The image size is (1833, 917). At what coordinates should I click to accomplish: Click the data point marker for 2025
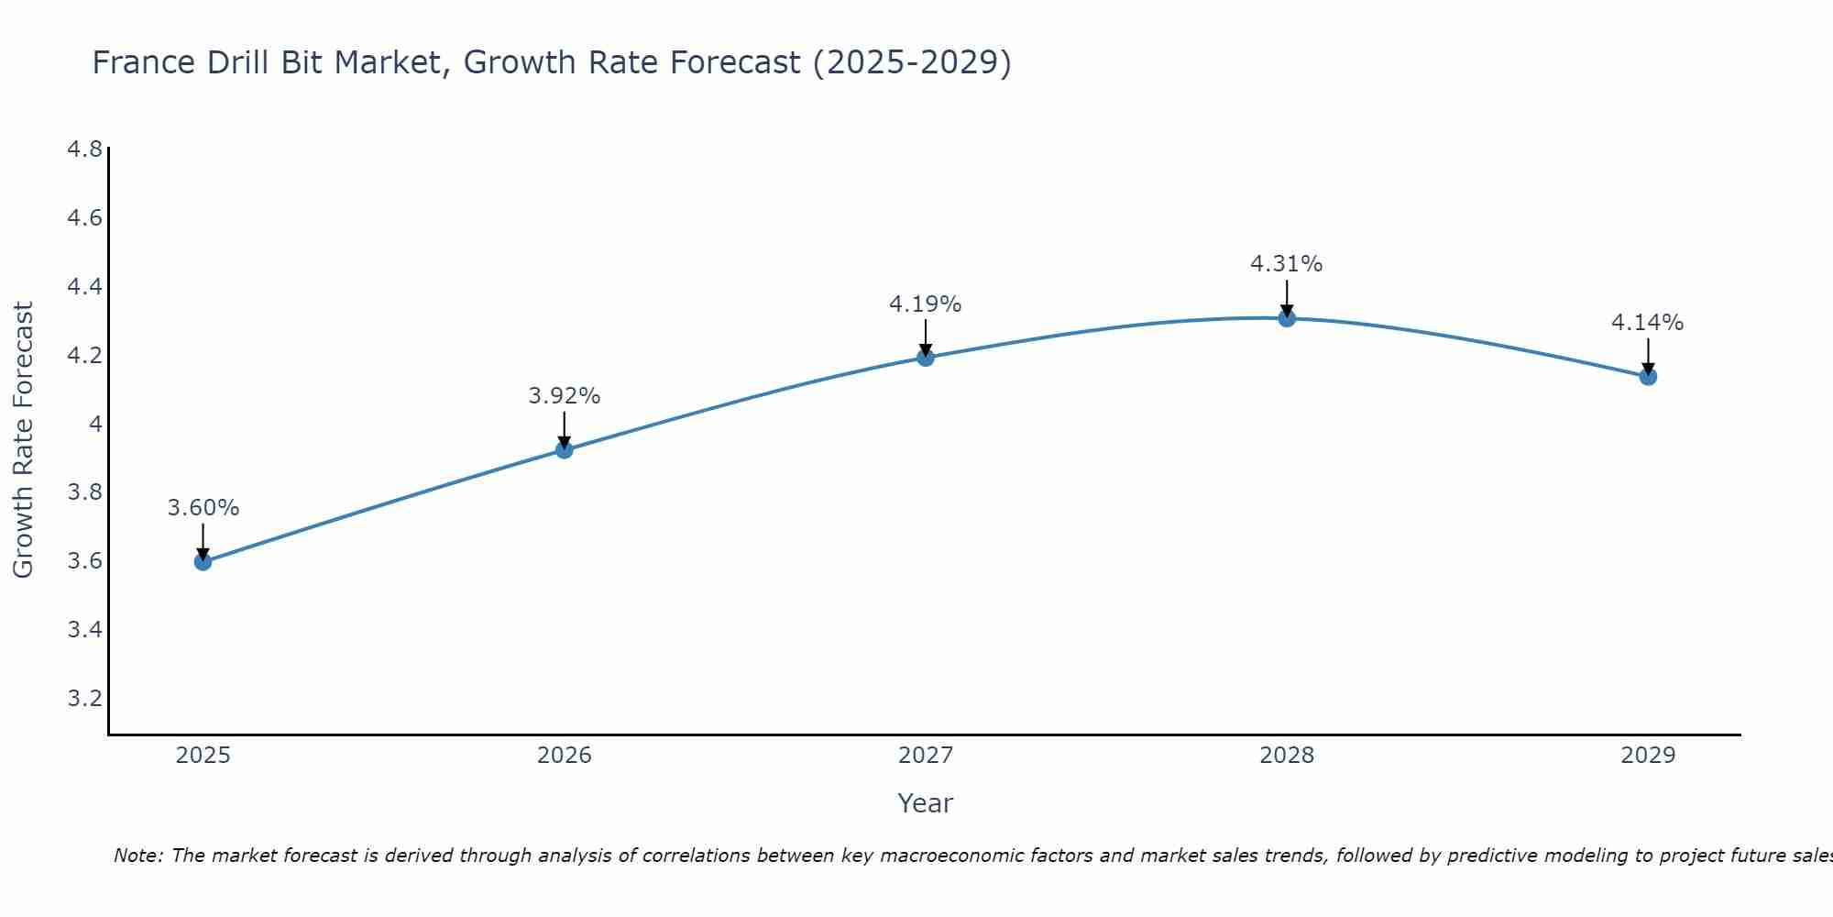(x=203, y=561)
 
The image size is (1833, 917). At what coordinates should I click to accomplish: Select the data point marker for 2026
(x=565, y=449)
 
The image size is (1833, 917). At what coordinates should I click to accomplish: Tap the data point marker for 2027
(x=926, y=357)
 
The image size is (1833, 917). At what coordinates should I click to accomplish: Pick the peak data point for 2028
(x=1287, y=318)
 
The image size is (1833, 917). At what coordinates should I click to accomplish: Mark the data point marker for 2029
(x=1648, y=376)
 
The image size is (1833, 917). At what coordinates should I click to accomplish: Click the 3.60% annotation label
(x=203, y=508)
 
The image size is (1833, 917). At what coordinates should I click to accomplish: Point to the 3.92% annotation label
(x=565, y=396)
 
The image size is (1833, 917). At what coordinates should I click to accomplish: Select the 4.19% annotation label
(x=926, y=304)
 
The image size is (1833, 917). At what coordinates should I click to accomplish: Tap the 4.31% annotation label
(x=1287, y=264)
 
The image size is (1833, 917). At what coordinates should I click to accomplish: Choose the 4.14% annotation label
(x=1648, y=323)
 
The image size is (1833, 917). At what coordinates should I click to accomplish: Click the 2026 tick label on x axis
(x=565, y=756)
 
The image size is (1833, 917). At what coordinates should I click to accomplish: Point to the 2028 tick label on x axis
(x=1287, y=756)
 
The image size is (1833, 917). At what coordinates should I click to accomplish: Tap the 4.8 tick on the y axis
(x=84, y=149)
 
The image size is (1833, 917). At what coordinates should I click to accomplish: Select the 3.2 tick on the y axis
(x=84, y=699)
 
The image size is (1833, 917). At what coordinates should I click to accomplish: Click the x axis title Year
(x=926, y=803)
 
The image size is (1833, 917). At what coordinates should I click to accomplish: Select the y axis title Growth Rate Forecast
(x=23, y=440)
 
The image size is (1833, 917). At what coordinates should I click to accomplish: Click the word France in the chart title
(x=144, y=62)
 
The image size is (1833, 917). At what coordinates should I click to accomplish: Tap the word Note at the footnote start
(x=137, y=856)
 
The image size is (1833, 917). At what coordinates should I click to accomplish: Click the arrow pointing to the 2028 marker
(x=1287, y=299)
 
